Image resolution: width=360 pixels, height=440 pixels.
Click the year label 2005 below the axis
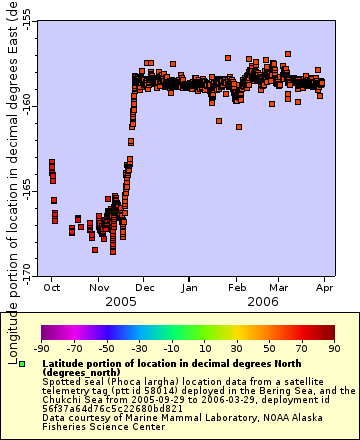point(120,300)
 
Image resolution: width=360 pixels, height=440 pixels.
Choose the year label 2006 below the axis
point(262,300)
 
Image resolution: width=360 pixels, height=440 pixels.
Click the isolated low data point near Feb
point(238,127)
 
